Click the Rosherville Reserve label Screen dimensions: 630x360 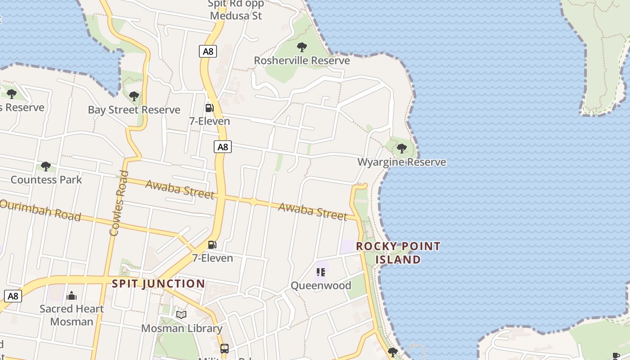[x=302, y=60]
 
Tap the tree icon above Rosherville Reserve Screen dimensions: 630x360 [x=302, y=47]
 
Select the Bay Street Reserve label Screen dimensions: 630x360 [x=134, y=110]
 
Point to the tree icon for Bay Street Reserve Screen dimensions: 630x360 [x=134, y=96]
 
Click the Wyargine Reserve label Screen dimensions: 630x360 [x=402, y=162]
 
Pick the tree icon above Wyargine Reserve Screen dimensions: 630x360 [x=402, y=148]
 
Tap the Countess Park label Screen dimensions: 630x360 [x=46, y=180]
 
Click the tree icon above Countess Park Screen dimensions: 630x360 [x=45, y=166]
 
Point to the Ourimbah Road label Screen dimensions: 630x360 [x=40, y=210]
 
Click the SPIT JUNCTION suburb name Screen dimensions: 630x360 [x=158, y=284]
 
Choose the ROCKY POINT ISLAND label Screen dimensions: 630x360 [x=398, y=253]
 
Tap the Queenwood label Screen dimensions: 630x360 [x=321, y=286]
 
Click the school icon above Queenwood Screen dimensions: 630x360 [x=321, y=272]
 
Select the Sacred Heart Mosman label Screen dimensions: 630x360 [x=72, y=315]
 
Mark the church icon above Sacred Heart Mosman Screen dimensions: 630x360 [x=71, y=296]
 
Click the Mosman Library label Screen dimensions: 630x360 [x=182, y=328]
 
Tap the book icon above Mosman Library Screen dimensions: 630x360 [x=181, y=315]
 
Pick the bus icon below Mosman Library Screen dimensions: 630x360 [x=225, y=348]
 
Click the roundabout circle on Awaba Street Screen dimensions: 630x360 [x=253, y=202]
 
